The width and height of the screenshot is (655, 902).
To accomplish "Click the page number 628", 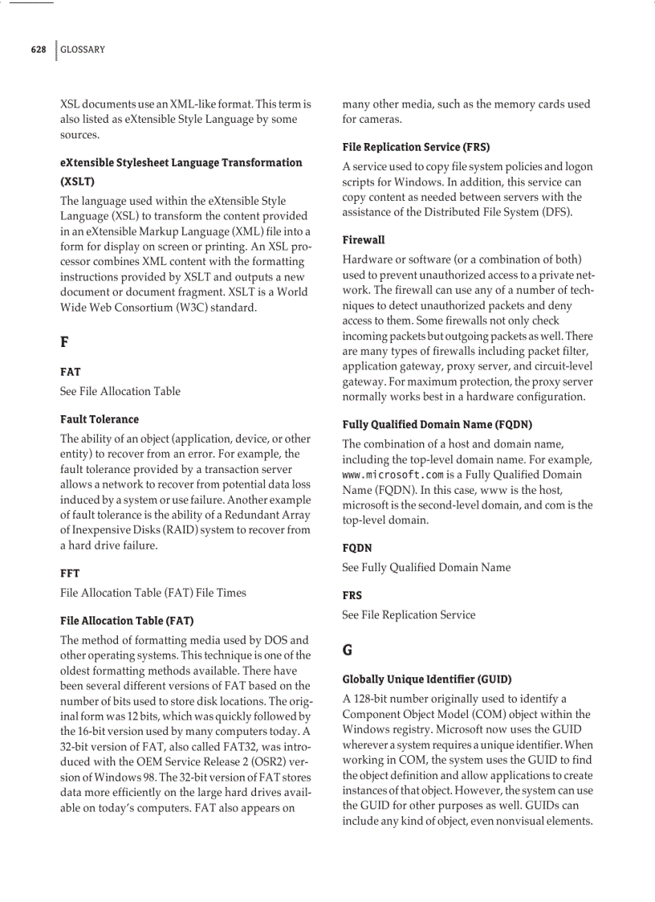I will click(38, 50).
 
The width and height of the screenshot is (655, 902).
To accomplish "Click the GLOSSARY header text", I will click(83, 50).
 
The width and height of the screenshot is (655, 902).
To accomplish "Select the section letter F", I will click(64, 342).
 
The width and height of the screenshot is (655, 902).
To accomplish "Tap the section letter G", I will click(348, 650).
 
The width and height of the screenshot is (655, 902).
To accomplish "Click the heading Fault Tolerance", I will click(99, 419).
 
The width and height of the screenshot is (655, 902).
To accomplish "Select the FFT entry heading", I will click(70, 573).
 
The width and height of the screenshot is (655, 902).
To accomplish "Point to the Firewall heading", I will click(363, 239).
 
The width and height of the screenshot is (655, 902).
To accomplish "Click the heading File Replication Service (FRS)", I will click(415, 147).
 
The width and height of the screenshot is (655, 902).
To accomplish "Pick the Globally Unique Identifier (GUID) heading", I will click(426, 679).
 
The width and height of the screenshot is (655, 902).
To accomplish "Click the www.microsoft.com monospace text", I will click(392, 475).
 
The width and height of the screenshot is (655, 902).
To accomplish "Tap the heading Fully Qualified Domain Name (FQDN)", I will click(437, 424).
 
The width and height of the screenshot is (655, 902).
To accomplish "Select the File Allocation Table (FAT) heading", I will click(126, 620).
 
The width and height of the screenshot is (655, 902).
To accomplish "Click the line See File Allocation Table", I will click(120, 391).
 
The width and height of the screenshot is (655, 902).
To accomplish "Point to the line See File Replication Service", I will click(408, 614).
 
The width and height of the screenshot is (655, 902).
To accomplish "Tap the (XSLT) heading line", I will click(77, 182).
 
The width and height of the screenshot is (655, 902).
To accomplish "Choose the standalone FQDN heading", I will click(356, 548).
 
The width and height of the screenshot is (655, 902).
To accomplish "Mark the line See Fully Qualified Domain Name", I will click(425, 567).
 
